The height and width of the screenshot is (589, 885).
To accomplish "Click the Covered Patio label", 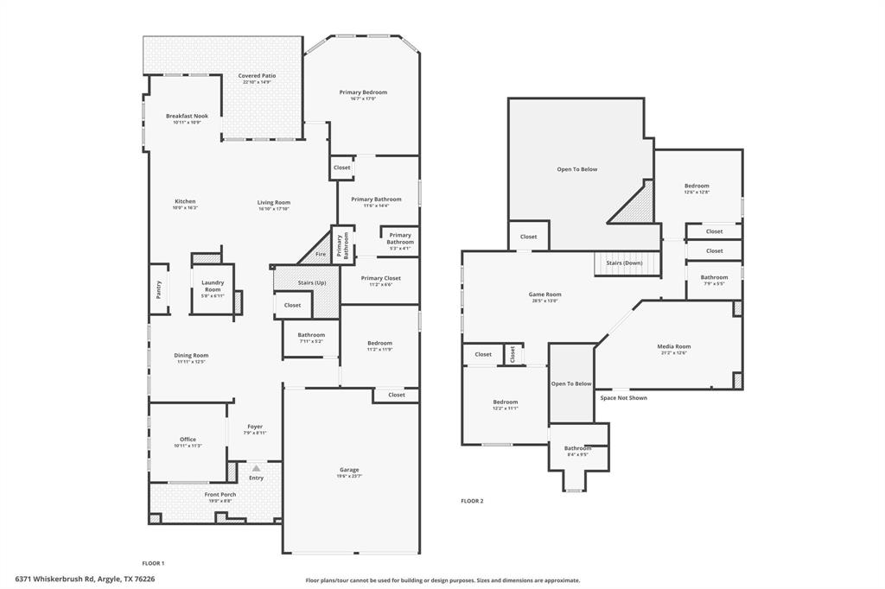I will pyautogui.click(x=257, y=76).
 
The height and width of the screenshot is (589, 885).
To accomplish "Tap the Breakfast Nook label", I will pyautogui.click(x=187, y=116).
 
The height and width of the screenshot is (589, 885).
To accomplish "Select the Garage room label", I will pyautogui.click(x=349, y=470).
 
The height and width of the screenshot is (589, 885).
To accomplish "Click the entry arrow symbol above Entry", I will pyautogui.click(x=256, y=468).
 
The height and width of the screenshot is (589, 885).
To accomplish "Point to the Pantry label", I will pyautogui.click(x=159, y=290).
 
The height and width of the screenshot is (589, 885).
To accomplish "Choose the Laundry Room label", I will pyautogui.click(x=212, y=286).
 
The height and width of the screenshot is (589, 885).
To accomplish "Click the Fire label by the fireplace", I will pyautogui.click(x=320, y=254).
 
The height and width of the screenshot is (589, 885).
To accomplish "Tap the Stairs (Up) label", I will pyautogui.click(x=311, y=282).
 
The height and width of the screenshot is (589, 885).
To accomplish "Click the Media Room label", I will pyautogui.click(x=674, y=346).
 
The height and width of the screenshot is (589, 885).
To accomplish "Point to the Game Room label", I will pyautogui.click(x=544, y=294).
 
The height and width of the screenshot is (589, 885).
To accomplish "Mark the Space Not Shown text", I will pyautogui.click(x=623, y=398).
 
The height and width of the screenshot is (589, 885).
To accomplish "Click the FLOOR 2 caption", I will pyautogui.click(x=472, y=501).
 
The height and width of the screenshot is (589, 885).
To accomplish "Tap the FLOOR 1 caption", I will pyautogui.click(x=153, y=563).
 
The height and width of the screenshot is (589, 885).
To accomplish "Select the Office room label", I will pyautogui.click(x=188, y=440).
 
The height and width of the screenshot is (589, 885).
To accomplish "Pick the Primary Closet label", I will pyautogui.click(x=380, y=278).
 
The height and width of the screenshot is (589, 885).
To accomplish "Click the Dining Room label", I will pyautogui.click(x=192, y=355).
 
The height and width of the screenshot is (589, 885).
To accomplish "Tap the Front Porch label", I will pyautogui.click(x=220, y=494).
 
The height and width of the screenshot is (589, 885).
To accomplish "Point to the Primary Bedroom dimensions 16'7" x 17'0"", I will pyautogui.click(x=363, y=98).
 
